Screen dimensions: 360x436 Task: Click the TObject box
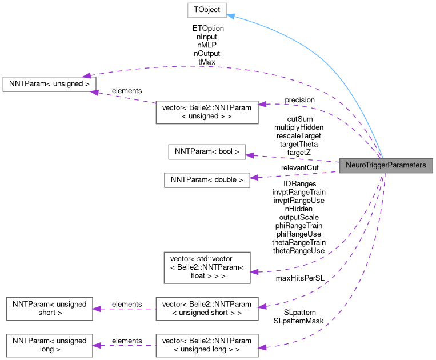coord(207,10)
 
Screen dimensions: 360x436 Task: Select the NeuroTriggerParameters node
coord(386,165)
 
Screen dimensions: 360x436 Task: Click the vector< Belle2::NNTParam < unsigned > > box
coord(207,112)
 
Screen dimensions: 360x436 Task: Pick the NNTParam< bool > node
coord(207,151)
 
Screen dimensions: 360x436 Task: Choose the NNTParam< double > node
coord(207,179)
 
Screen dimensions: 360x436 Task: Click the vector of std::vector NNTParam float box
coord(207,267)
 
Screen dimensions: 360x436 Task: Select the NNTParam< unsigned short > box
coord(49,309)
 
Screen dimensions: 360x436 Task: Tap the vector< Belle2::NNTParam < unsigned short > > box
coord(207,309)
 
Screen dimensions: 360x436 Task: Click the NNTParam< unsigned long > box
coord(49,345)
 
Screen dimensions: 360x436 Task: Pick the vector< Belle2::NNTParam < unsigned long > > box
coord(207,345)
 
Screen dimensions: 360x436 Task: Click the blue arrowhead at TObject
coord(231,15)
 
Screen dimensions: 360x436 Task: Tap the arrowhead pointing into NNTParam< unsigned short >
coord(97,309)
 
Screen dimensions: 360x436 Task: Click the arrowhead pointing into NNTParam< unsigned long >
coord(97,345)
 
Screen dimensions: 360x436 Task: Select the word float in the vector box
coord(200,275)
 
